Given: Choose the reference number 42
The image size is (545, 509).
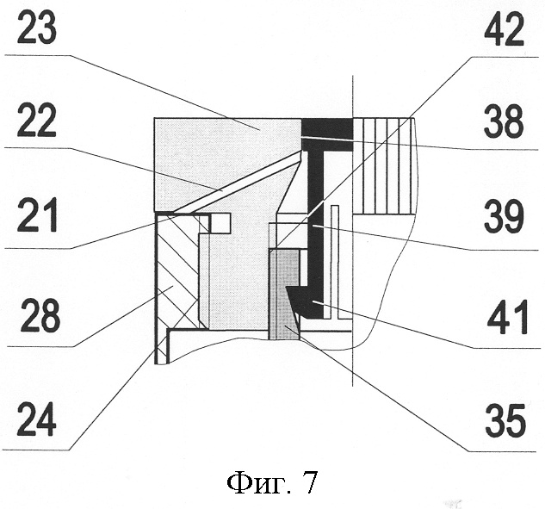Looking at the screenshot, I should pyautogui.click(x=503, y=34).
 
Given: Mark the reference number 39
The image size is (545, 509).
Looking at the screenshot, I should pyautogui.click(x=503, y=217).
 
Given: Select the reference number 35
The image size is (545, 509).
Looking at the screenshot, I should pyautogui.click(x=503, y=421).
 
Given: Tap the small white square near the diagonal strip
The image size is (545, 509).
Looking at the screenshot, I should pyautogui.click(x=221, y=222).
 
